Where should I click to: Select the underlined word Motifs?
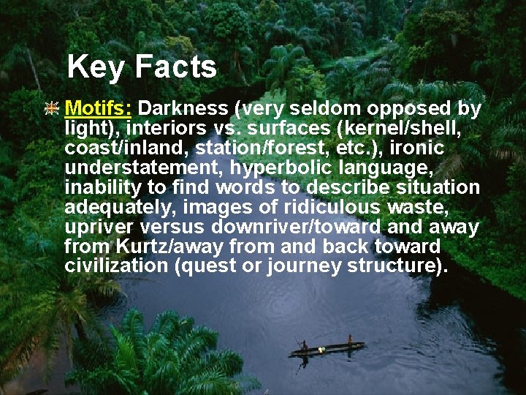(x=98, y=109)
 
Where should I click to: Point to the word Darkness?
(x=183, y=109)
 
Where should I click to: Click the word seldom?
(x=317, y=109)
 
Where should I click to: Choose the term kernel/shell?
(x=403, y=129)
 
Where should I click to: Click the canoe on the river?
(x=326, y=351)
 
